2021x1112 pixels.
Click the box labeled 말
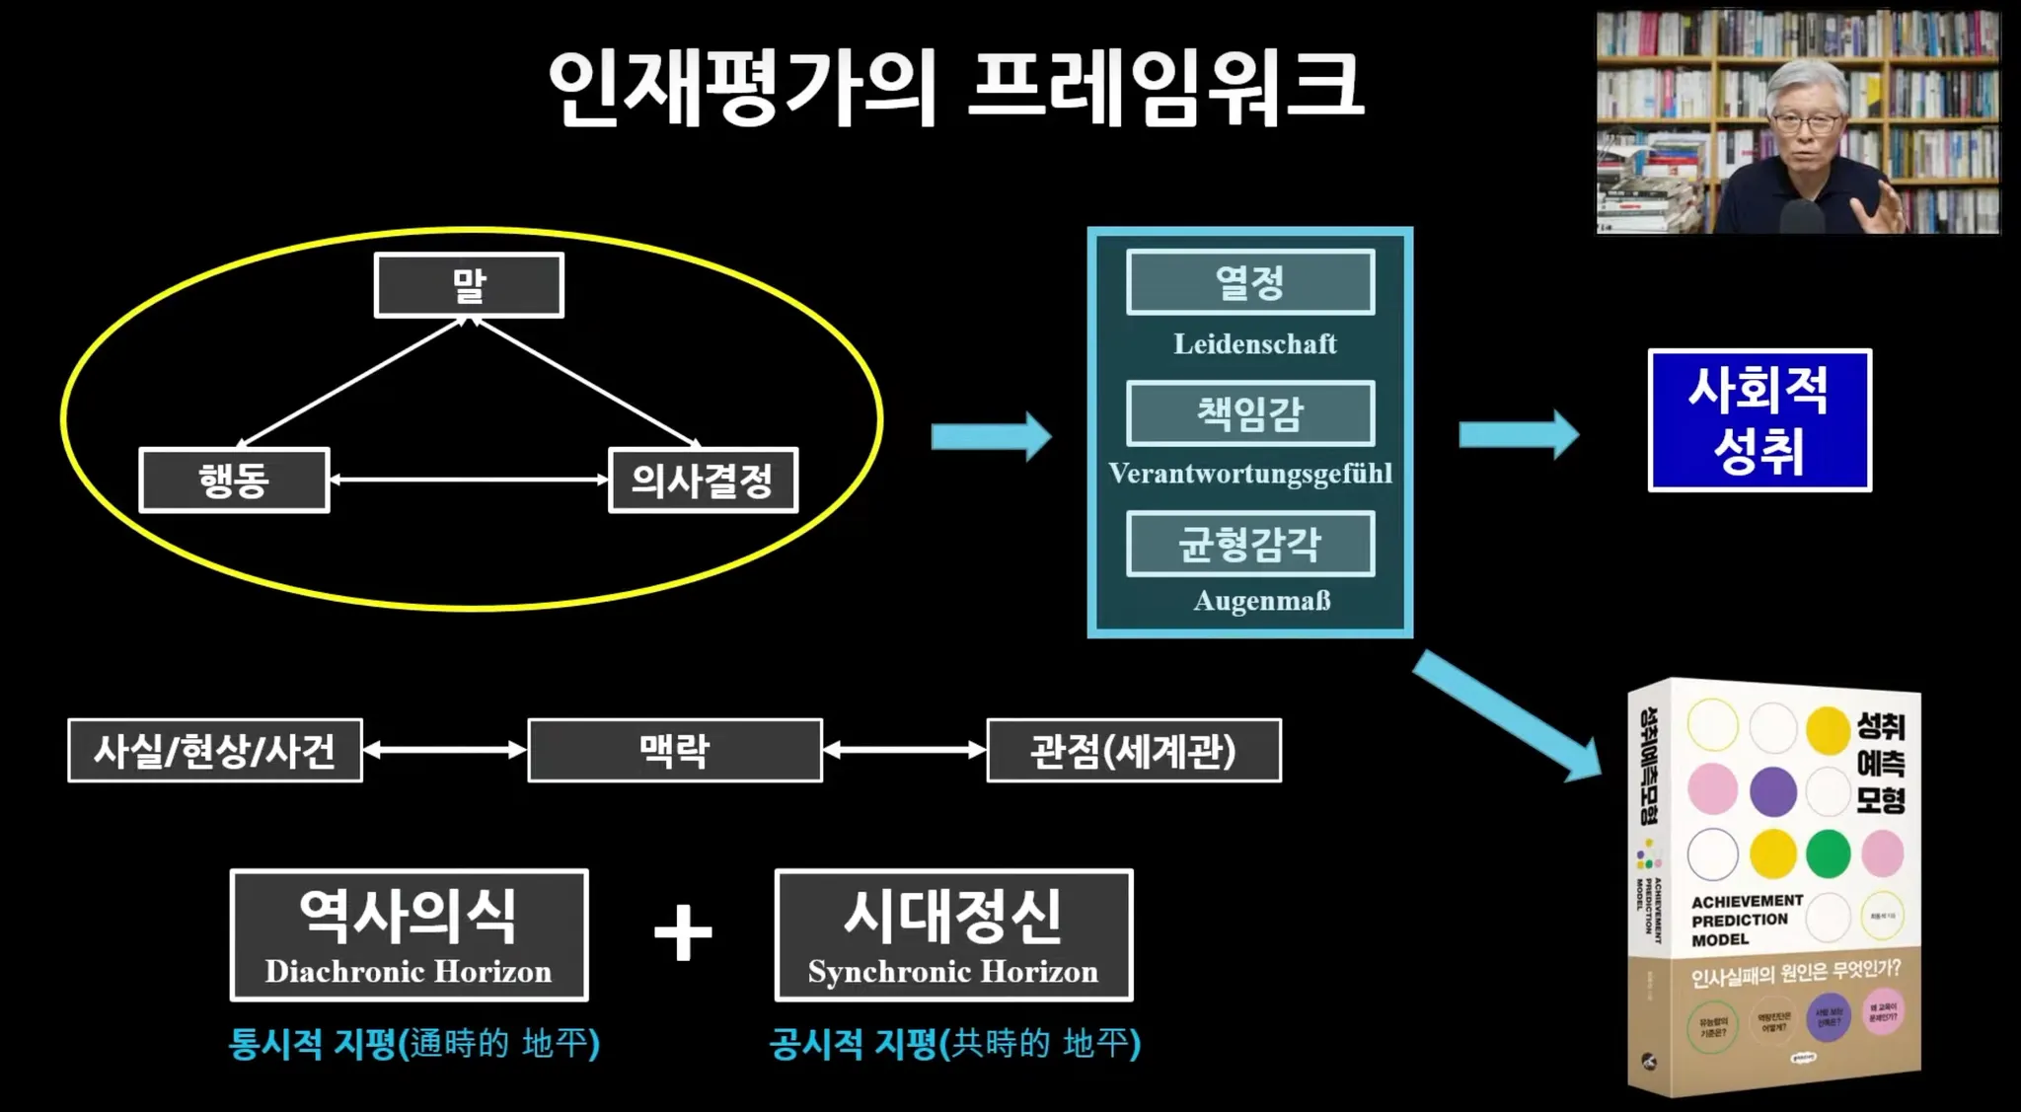469,285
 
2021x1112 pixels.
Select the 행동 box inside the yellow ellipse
234,481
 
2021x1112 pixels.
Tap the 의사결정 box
703,481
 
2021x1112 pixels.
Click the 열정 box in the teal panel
1249,283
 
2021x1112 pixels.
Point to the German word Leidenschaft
1254,344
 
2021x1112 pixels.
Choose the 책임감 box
1249,413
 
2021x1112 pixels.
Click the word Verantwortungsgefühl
1249,474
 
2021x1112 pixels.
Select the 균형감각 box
1249,544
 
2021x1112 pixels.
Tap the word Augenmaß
1261,601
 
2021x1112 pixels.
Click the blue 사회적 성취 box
1759,420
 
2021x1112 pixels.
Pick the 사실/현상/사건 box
215,751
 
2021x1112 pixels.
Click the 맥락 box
675,751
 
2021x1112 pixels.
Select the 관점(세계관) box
1134,751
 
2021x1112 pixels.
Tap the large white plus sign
683,932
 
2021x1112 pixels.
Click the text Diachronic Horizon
409,972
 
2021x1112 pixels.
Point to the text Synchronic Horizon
953,972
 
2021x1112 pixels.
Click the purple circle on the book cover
1772,791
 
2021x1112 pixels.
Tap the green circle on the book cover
1828,853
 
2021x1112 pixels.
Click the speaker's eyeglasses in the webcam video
1806,123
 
